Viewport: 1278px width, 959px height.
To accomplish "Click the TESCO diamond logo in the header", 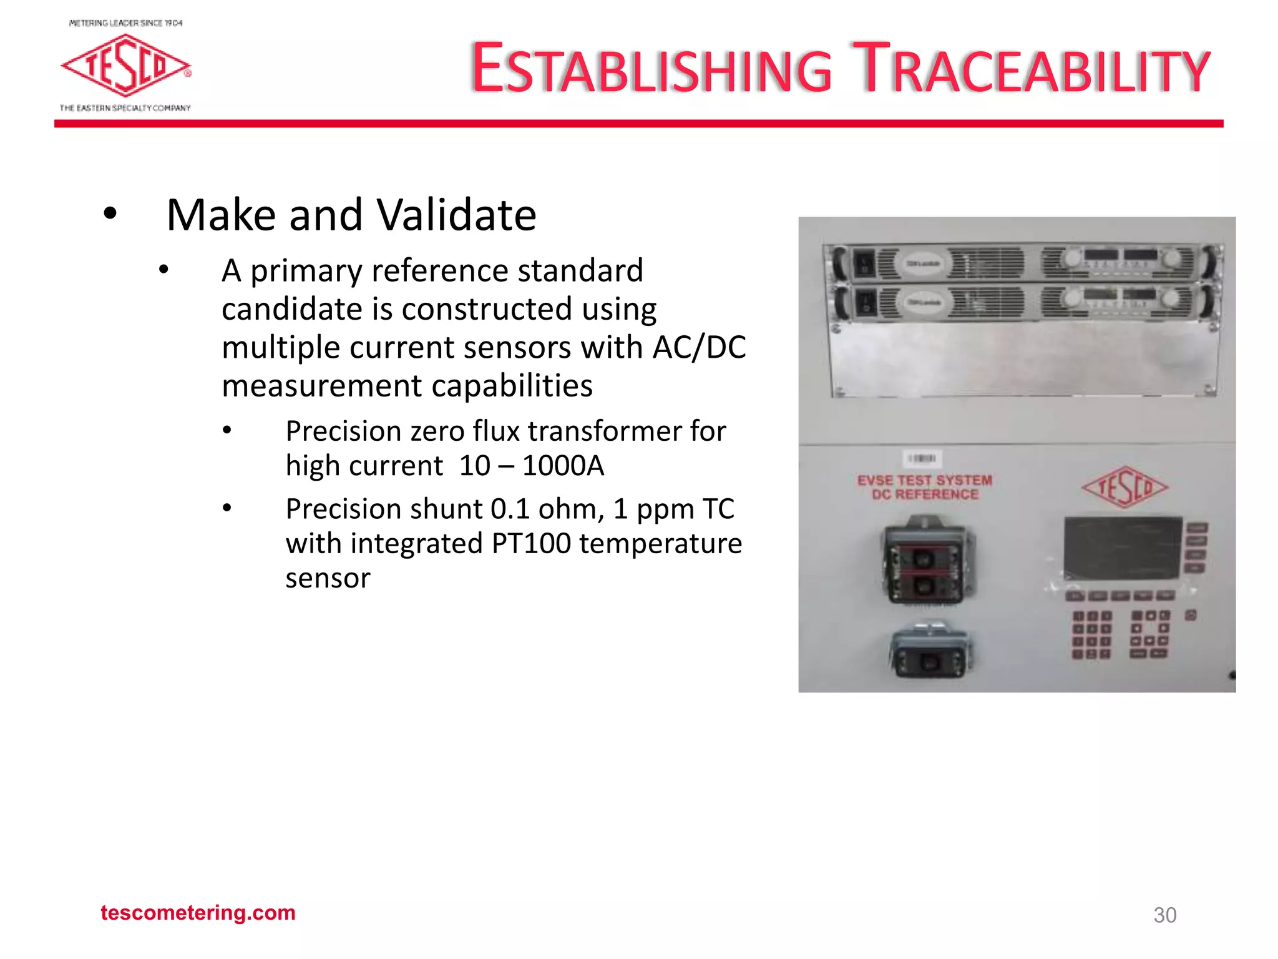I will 125,66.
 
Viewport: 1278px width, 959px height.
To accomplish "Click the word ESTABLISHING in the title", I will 651,69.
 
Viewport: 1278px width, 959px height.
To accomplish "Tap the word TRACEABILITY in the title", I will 1031,69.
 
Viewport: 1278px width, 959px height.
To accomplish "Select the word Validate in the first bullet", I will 457,215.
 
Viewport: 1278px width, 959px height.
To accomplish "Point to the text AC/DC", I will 699,347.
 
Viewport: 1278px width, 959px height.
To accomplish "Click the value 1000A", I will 563,466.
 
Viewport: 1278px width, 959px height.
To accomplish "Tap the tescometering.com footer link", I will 198,913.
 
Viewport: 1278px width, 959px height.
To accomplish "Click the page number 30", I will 1164,915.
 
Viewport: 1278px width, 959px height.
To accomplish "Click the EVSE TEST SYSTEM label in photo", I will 924,481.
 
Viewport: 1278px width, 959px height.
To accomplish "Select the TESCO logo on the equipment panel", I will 1124,487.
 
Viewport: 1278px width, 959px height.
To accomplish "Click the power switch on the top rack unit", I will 864,263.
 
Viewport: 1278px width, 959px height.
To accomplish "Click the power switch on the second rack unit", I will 865,303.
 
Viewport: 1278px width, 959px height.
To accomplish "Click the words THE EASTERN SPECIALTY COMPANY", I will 125,108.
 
